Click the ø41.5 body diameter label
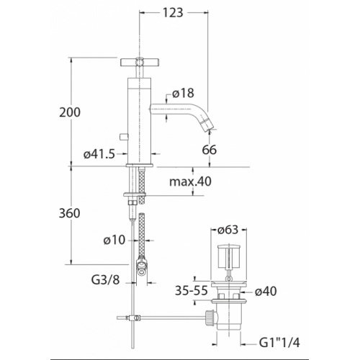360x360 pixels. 99,152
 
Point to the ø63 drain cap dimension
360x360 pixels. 229,232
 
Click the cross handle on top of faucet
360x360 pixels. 137,63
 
